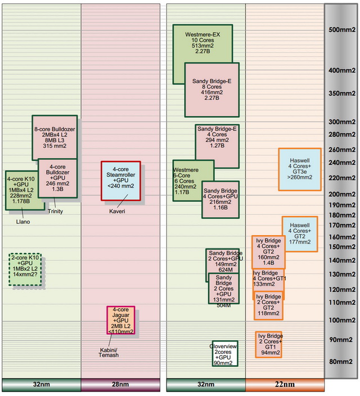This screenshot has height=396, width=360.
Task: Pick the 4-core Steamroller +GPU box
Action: coord(120,181)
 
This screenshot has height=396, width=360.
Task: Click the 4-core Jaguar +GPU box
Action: coord(121,320)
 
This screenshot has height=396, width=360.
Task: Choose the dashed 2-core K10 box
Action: coord(25,270)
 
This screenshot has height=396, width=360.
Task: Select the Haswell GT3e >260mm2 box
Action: coord(299,169)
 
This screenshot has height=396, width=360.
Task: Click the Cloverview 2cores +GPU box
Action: coord(221,353)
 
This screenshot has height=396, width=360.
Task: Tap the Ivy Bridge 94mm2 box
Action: coord(268,344)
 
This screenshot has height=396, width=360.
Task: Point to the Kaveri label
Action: coord(117,211)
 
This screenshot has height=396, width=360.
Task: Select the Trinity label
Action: coord(55,211)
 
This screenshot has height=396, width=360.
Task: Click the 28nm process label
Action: coord(120,385)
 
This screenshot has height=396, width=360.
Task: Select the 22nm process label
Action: coord(285,385)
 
